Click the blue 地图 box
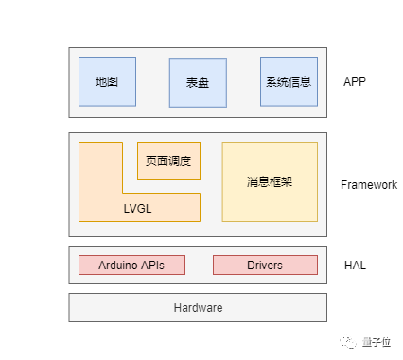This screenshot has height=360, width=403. coord(107,81)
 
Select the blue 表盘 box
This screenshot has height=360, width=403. coord(198,83)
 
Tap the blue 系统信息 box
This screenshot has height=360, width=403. coord(289,81)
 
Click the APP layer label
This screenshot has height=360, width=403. coord(355,82)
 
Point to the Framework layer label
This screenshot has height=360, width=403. coord(369,185)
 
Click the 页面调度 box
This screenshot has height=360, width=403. coord(168,161)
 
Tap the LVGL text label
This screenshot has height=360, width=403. coord(137,208)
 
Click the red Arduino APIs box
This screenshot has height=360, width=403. coord(131,266)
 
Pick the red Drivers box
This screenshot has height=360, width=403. coord(264,266)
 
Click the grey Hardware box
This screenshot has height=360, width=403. coord(198,308)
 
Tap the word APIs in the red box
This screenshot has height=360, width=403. coord(152,266)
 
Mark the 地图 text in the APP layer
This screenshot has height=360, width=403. coord(107,82)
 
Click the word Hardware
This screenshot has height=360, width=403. coord(198,308)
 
